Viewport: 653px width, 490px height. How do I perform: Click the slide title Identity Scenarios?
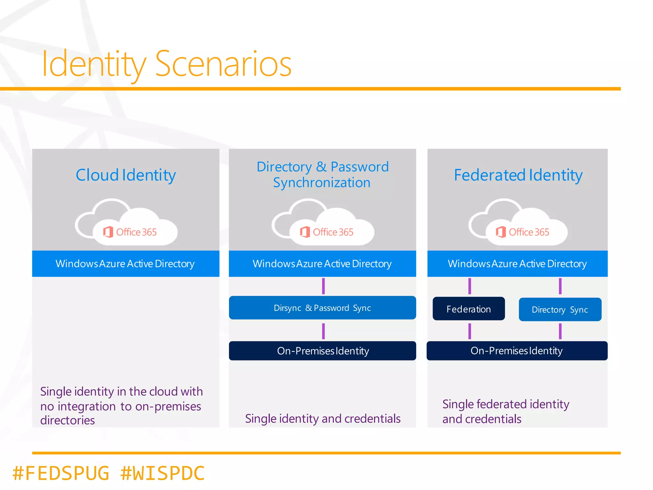[166, 64]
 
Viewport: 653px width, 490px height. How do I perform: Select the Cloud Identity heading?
[126, 175]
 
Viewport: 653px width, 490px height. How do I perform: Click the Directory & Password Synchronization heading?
[322, 175]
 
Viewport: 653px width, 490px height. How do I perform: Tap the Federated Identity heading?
[518, 175]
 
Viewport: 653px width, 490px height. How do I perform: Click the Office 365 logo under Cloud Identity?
[130, 232]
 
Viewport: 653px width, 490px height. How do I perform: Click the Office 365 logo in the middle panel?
[327, 232]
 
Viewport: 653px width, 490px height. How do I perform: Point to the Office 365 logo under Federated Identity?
[523, 232]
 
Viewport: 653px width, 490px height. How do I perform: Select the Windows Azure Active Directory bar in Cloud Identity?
[125, 264]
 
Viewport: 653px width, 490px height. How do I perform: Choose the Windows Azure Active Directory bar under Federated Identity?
[517, 264]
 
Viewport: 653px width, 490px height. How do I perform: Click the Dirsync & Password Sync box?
[322, 308]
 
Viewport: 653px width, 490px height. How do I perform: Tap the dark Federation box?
[468, 309]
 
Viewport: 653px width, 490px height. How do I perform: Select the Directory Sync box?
[560, 309]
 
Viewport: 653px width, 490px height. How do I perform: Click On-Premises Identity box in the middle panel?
[322, 351]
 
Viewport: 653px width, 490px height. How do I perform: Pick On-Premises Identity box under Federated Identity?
[517, 351]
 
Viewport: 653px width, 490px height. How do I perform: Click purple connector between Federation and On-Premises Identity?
[469, 331]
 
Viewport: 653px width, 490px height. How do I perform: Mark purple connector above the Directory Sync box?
[560, 286]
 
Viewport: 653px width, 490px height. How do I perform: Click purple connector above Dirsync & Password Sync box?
[323, 286]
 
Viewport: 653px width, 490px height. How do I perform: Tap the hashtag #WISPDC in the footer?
[163, 473]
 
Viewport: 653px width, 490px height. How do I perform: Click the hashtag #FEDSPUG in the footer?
[61, 473]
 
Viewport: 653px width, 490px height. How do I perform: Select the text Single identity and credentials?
[322, 418]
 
